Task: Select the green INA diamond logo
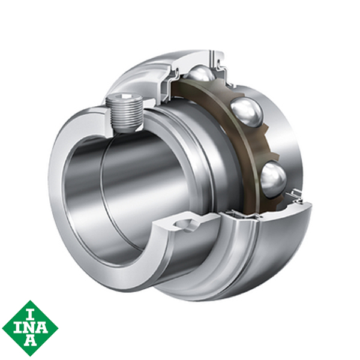click(x=29, y=328)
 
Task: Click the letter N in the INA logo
click(x=29, y=328)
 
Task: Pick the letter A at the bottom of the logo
click(x=29, y=342)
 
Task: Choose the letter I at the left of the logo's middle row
click(x=17, y=328)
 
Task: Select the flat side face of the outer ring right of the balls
click(x=288, y=132)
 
